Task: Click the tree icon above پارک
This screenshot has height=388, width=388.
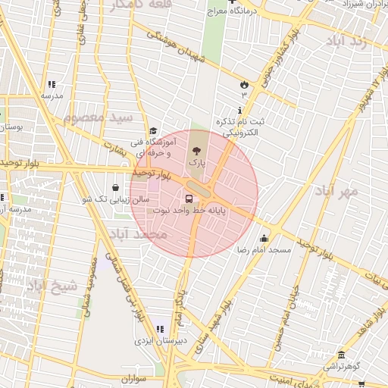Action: (x=196, y=150)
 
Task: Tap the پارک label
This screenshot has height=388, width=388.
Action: (x=196, y=163)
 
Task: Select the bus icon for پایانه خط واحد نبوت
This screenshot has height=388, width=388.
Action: (x=189, y=199)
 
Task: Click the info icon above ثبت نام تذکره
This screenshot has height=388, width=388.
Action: (x=239, y=111)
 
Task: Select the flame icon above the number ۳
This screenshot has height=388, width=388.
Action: (x=244, y=84)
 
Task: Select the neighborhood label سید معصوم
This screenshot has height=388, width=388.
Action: (x=98, y=119)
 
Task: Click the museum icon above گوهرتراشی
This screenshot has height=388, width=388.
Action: (x=342, y=355)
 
